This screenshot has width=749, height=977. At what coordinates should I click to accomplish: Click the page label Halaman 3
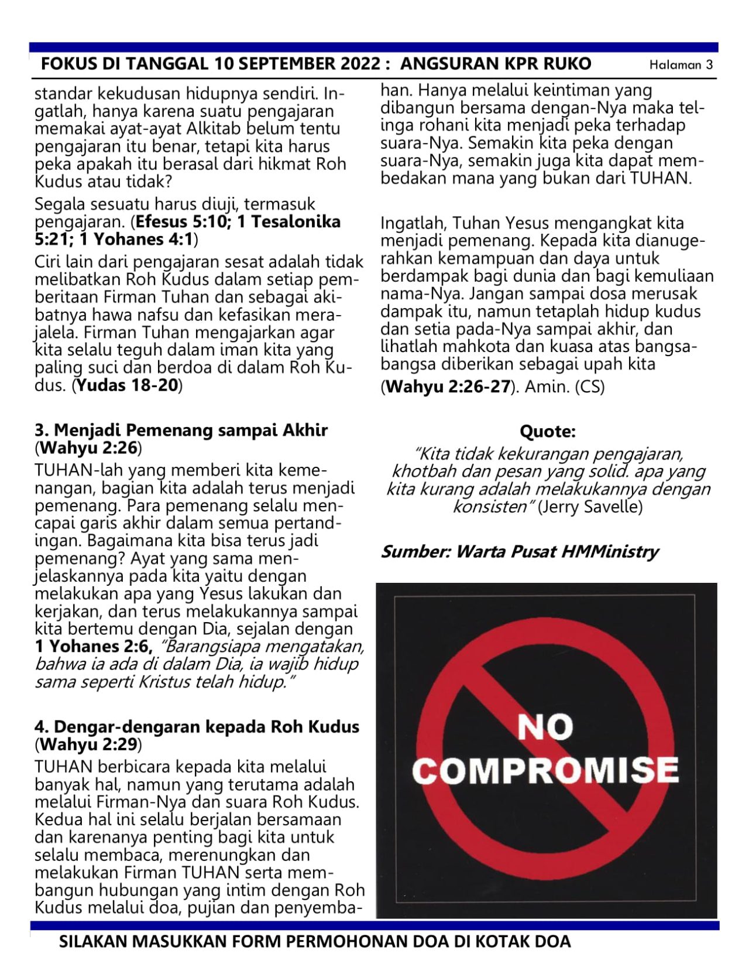coord(681,65)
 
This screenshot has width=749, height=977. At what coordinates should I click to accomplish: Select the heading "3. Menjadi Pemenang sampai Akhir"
coord(181,430)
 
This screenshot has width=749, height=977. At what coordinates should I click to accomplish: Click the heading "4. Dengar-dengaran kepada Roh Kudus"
coord(197,727)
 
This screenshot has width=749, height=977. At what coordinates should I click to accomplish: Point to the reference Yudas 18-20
coord(128,385)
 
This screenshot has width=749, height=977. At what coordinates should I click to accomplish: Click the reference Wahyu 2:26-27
coord(448,387)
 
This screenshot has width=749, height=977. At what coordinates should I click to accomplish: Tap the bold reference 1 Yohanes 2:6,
coord(94,646)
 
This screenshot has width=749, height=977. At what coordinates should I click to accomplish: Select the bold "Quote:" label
coord(548,432)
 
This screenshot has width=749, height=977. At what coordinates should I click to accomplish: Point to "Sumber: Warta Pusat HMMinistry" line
coord(520,552)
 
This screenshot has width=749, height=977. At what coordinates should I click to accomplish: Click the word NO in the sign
coord(545,727)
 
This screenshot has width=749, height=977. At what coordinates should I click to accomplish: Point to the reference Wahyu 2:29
coord(88,744)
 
